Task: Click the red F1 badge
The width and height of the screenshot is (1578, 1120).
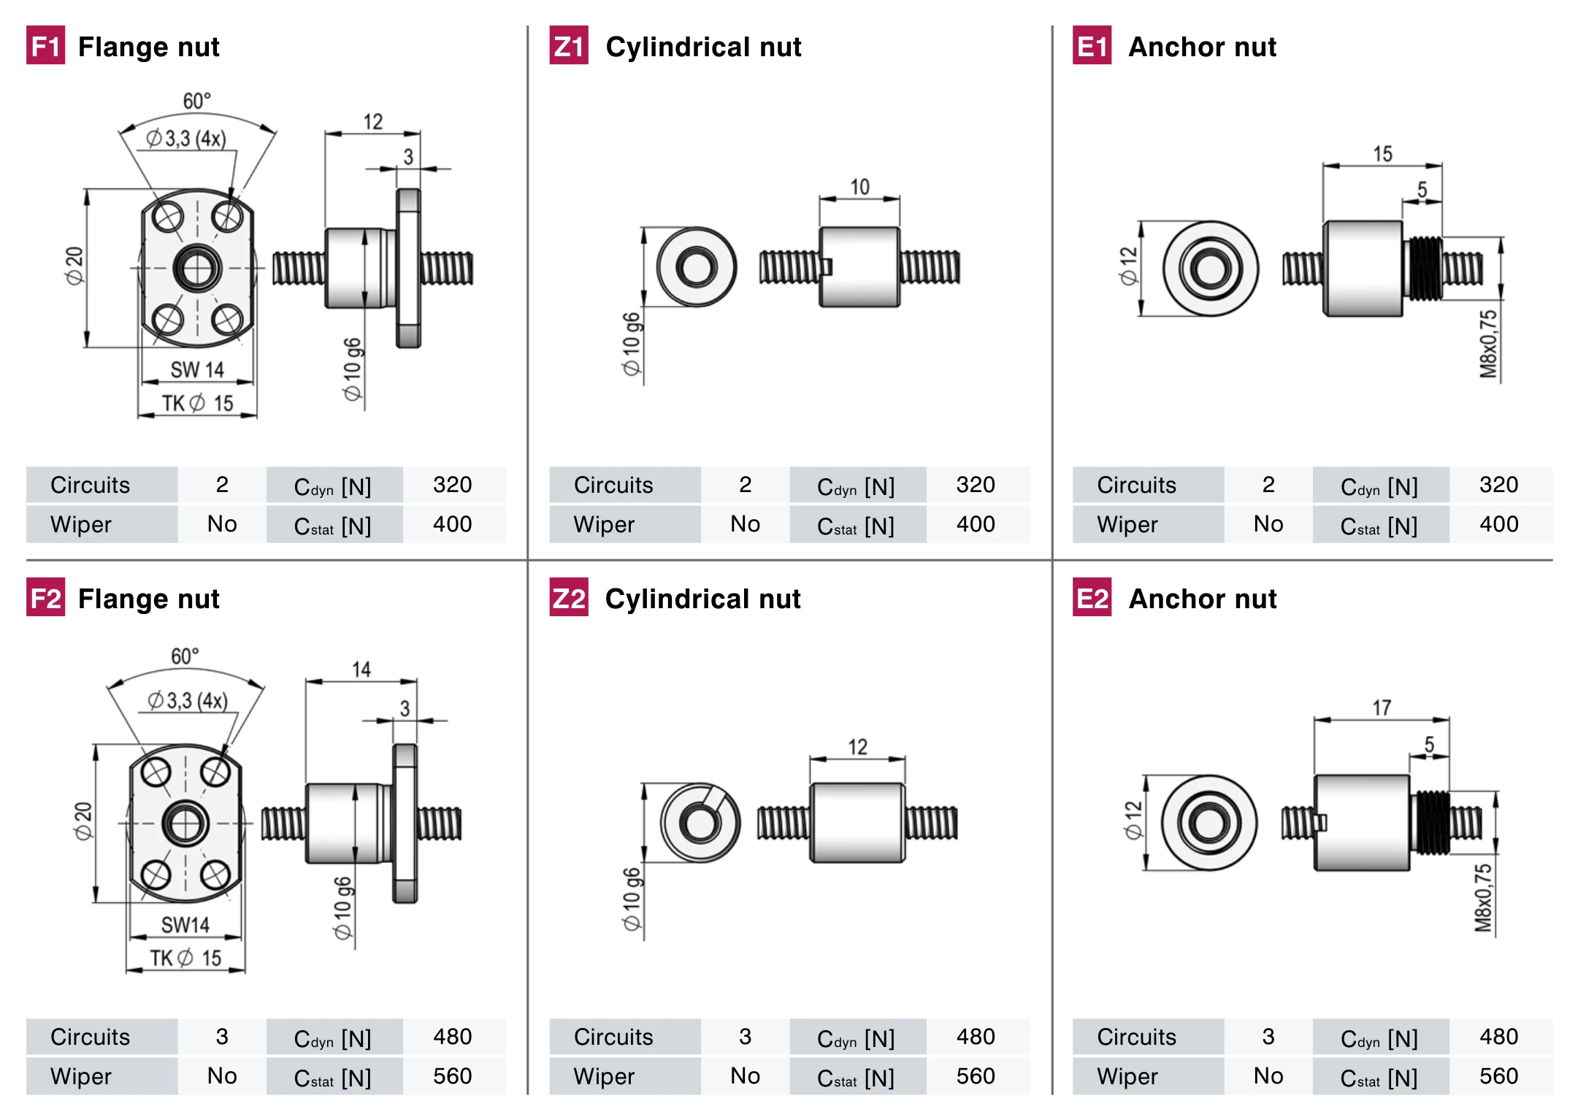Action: click(45, 45)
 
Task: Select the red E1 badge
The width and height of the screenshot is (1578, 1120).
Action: click(1092, 45)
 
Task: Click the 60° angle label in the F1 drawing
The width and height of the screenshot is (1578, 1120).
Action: click(196, 101)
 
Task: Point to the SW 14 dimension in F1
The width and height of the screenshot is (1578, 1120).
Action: click(197, 369)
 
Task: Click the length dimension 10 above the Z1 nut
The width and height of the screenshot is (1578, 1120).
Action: click(859, 187)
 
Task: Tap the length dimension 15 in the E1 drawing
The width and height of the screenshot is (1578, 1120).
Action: click(1382, 154)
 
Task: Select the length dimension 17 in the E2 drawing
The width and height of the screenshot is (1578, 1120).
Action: click(1382, 707)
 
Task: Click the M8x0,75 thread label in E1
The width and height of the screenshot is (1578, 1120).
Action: click(1488, 344)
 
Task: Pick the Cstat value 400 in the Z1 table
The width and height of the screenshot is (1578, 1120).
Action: click(976, 524)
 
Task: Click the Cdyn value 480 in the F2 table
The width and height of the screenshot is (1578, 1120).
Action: click(452, 1037)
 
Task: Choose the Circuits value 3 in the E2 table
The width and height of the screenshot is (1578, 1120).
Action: click(1268, 1037)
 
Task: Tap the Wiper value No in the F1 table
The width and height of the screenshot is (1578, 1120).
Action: click(222, 524)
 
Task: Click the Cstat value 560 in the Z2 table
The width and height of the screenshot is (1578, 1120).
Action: click(976, 1076)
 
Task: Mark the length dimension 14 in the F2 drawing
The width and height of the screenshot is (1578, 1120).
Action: click(361, 670)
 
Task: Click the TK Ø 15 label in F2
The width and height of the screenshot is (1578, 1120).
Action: click(185, 958)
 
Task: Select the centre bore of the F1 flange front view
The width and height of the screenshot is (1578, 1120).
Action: click(197, 268)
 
